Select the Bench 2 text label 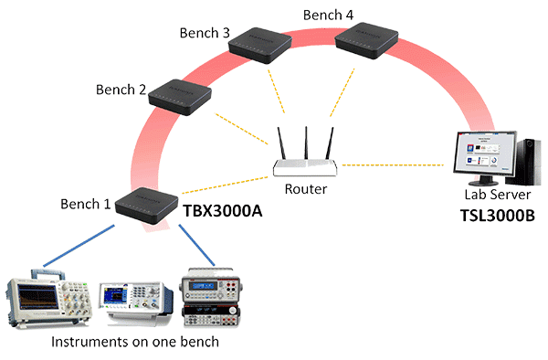tap(121, 90)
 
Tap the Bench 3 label tap(205, 34)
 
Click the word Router tap(306, 189)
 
